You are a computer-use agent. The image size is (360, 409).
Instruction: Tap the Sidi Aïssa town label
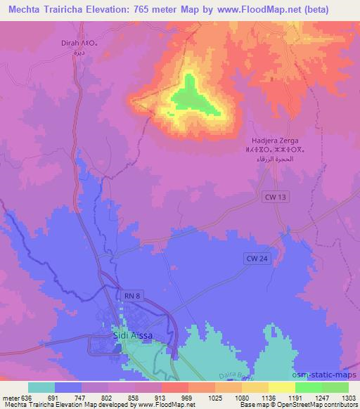[132, 336]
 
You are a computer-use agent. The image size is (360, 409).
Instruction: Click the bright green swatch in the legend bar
[308, 387]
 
